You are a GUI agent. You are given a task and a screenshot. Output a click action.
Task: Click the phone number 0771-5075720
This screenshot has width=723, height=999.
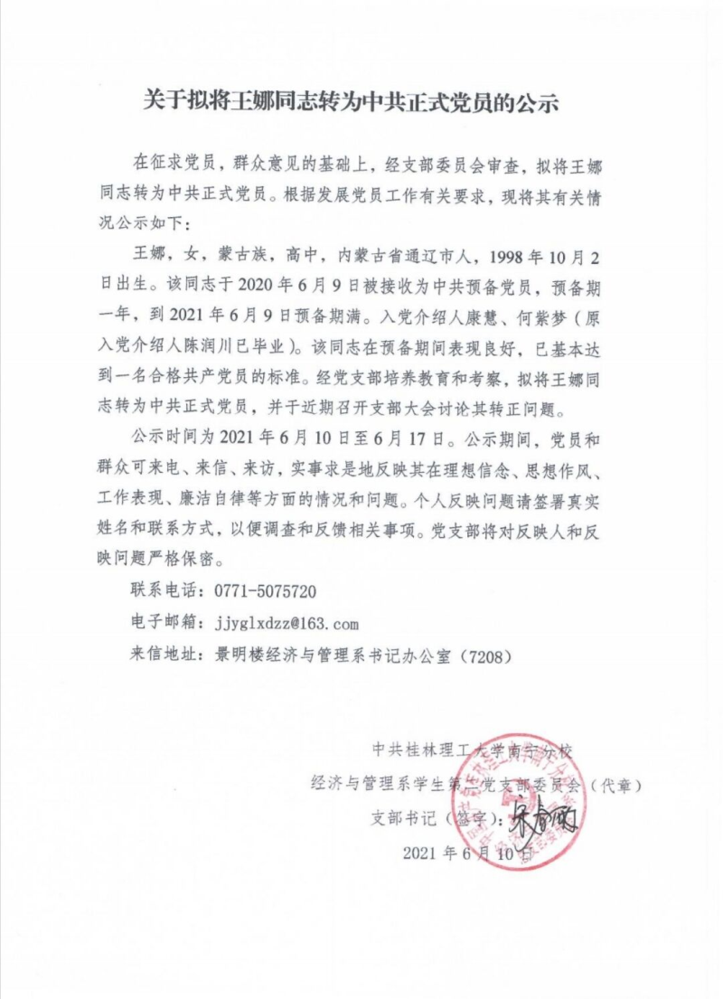click(265, 591)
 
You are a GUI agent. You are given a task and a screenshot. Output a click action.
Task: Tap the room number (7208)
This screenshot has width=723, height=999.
click(488, 655)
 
